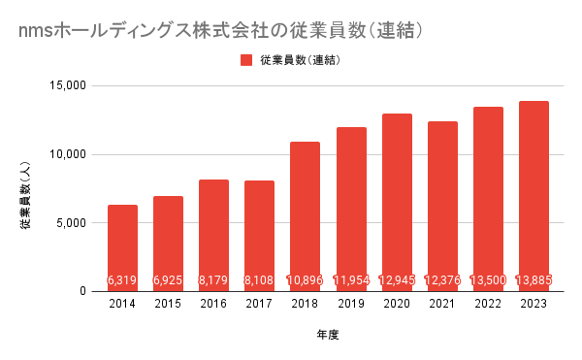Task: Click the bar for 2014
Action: (122, 247)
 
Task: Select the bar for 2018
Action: (305, 216)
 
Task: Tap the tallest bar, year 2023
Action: (533, 196)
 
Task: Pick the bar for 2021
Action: (442, 207)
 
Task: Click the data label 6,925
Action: (168, 279)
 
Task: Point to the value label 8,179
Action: (213, 279)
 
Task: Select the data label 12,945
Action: (397, 279)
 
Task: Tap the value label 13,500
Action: (488, 279)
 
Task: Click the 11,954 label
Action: (351, 279)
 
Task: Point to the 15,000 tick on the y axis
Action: (68, 85)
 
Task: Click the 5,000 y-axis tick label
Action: (71, 223)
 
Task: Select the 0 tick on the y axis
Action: (82, 291)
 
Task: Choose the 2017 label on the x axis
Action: (259, 304)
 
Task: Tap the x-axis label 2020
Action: (397, 304)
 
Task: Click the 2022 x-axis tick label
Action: (488, 304)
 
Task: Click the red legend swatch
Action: (246, 60)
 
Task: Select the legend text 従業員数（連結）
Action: (300, 60)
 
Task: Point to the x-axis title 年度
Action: (328, 335)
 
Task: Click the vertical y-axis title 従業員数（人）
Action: (25, 195)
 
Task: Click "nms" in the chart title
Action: (36, 32)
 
